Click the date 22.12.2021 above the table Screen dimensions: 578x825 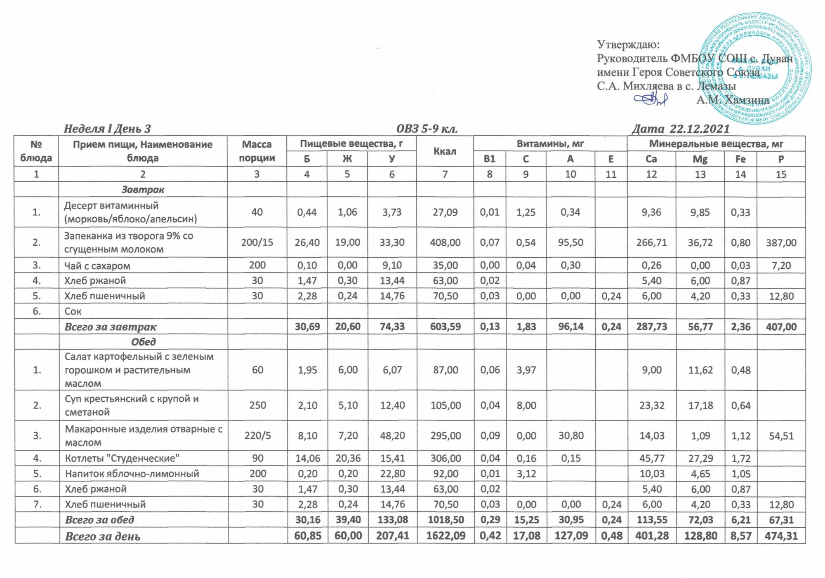click(700, 129)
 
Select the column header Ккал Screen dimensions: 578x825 click(445, 151)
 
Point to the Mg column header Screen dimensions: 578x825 click(700, 159)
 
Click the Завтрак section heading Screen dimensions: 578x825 click(143, 190)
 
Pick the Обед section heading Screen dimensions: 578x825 click(143, 342)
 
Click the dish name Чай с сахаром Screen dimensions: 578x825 click(97, 266)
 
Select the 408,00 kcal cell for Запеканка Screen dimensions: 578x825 click(445, 242)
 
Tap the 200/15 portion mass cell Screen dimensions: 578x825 click(257, 242)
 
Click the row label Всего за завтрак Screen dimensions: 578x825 click(111, 327)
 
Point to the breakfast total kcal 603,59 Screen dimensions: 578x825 click(445, 327)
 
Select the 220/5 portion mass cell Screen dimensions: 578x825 click(257, 436)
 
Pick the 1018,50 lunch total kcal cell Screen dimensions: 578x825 click(445, 520)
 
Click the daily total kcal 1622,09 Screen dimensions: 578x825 click(445, 536)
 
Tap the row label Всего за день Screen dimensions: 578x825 click(103, 536)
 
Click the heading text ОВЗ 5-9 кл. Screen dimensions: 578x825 click(427, 129)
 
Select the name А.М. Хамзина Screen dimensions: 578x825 click(733, 100)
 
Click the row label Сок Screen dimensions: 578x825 click(73, 311)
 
